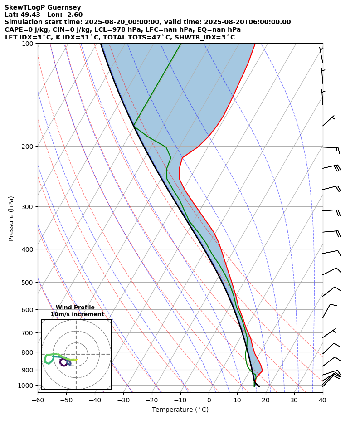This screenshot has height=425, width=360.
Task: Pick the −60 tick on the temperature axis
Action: (x=38, y=400)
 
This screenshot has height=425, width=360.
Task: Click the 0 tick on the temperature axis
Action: (x=209, y=400)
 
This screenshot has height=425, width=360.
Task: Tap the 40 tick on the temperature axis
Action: (x=322, y=400)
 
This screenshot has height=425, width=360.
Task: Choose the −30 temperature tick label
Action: (x=123, y=400)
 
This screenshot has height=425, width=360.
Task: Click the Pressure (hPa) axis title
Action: (x=11, y=218)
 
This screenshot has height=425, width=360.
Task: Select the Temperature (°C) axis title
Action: (x=180, y=410)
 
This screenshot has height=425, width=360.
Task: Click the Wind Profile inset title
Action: (x=75, y=308)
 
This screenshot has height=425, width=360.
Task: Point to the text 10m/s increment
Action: (x=77, y=314)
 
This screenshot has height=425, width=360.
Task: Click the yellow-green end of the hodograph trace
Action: (x=76, y=360)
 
